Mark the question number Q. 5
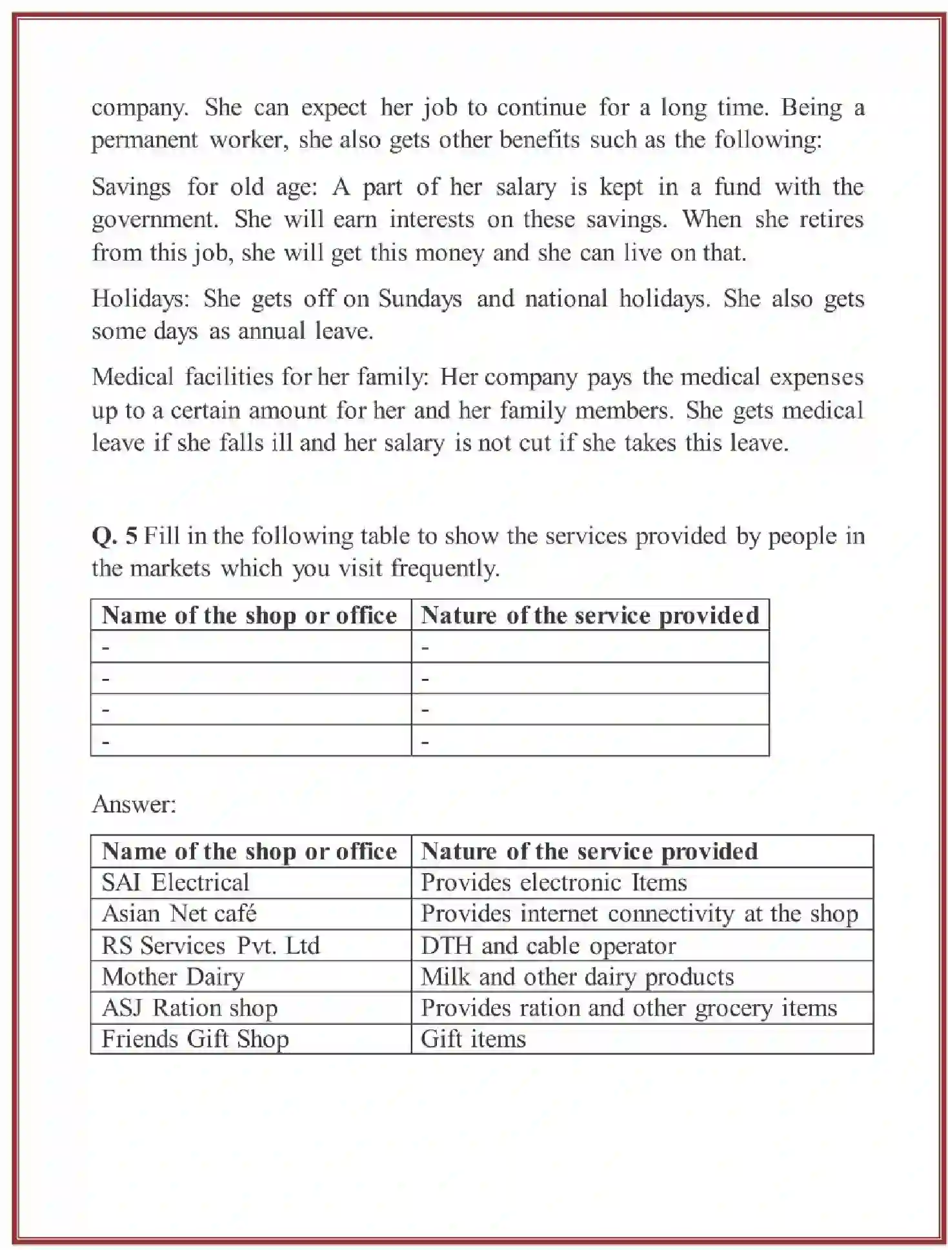tap(114, 536)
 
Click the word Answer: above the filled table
tap(134, 804)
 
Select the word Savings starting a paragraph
tap(131, 187)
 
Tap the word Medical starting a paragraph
tap(132, 377)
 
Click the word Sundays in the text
tap(419, 299)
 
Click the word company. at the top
tap(140, 108)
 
